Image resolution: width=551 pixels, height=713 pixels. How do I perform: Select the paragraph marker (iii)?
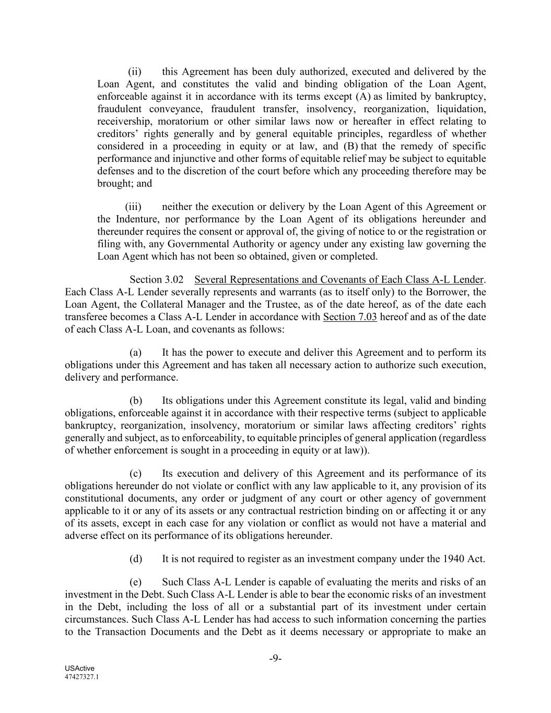[134, 207]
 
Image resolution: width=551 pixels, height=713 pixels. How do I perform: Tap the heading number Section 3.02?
[157, 279]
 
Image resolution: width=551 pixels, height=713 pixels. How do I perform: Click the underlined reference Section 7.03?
[350, 317]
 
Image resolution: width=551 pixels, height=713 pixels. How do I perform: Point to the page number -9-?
[275, 658]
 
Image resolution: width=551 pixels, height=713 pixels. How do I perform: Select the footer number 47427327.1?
[82, 676]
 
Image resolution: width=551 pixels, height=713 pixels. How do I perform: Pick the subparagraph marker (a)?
[136, 353]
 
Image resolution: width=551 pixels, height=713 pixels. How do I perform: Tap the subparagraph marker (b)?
[136, 401]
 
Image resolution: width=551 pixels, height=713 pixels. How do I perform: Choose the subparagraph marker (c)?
[136, 474]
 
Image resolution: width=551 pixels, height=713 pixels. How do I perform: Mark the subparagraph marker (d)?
[136, 559]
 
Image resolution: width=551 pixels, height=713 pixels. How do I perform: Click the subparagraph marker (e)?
[136, 582]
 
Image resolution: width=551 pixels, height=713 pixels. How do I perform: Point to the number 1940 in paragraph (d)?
[454, 559]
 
